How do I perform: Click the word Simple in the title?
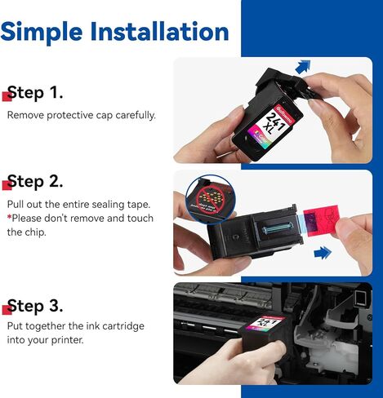click(42, 33)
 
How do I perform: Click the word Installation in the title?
click(159, 31)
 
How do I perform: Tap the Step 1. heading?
click(35, 92)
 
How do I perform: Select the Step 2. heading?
click(35, 181)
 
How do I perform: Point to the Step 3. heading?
click(35, 306)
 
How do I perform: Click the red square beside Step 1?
click(7, 96)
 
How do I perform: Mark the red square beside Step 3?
click(7, 310)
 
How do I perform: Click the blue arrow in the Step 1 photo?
click(303, 67)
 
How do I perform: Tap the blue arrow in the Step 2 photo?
click(323, 253)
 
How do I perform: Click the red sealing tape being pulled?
click(321, 221)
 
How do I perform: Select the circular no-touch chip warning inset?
click(209, 200)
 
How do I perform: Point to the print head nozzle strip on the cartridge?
click(278, 228)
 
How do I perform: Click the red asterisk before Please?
click(9, 217)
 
